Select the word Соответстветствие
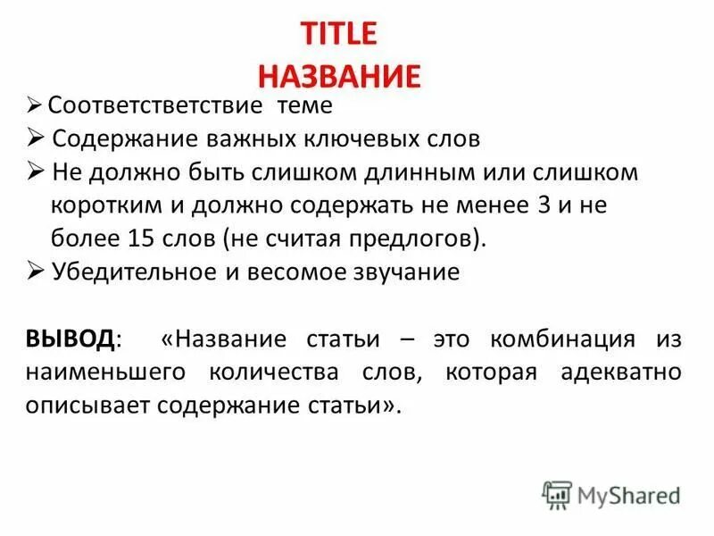[154, 106]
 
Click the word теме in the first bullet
[303, 106]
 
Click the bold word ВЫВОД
[70, 339]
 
